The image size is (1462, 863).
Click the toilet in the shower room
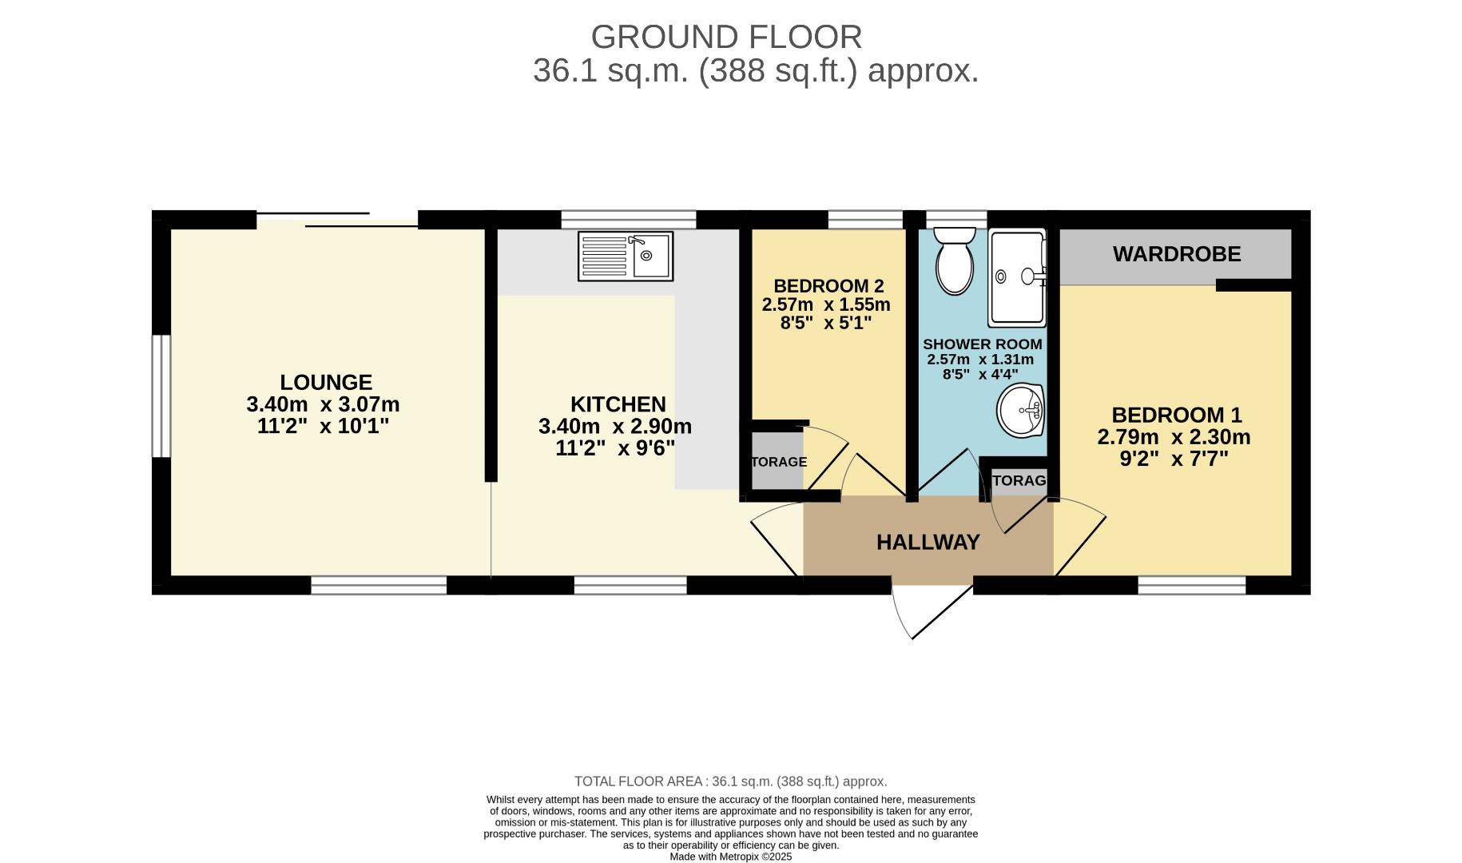[x=954, y=261]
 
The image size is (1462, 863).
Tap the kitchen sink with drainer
[x=625, y=257]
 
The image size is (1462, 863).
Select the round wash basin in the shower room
[x=1021, y=411]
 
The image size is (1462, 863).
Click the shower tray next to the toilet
[x=1016, y=278]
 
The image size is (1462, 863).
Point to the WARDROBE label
[x=1176, y=254]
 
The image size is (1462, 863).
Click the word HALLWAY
[x=928, y=543]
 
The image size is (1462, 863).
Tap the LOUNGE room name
[x=326, y=383]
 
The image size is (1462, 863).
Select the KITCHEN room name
[x=618, y=404]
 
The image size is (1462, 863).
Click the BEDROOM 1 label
[x=1176, y=416]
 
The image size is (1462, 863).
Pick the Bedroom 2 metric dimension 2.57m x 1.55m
[x=826, y=304]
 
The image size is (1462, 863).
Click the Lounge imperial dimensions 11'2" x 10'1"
[x=323, y=427]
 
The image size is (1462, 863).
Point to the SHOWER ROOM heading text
[x=982, y=344]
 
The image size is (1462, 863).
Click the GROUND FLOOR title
[x=726, y=37]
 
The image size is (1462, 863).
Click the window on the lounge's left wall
[x=161, y=396]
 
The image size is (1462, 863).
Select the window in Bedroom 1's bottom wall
[x=1191, y=586]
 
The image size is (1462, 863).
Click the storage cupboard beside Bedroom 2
[x=777, y=461]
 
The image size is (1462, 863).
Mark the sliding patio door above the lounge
[x=337, y=220]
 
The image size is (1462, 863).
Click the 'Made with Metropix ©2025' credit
[x=730, y=857]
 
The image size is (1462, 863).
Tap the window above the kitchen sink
[x=628, y=219]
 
